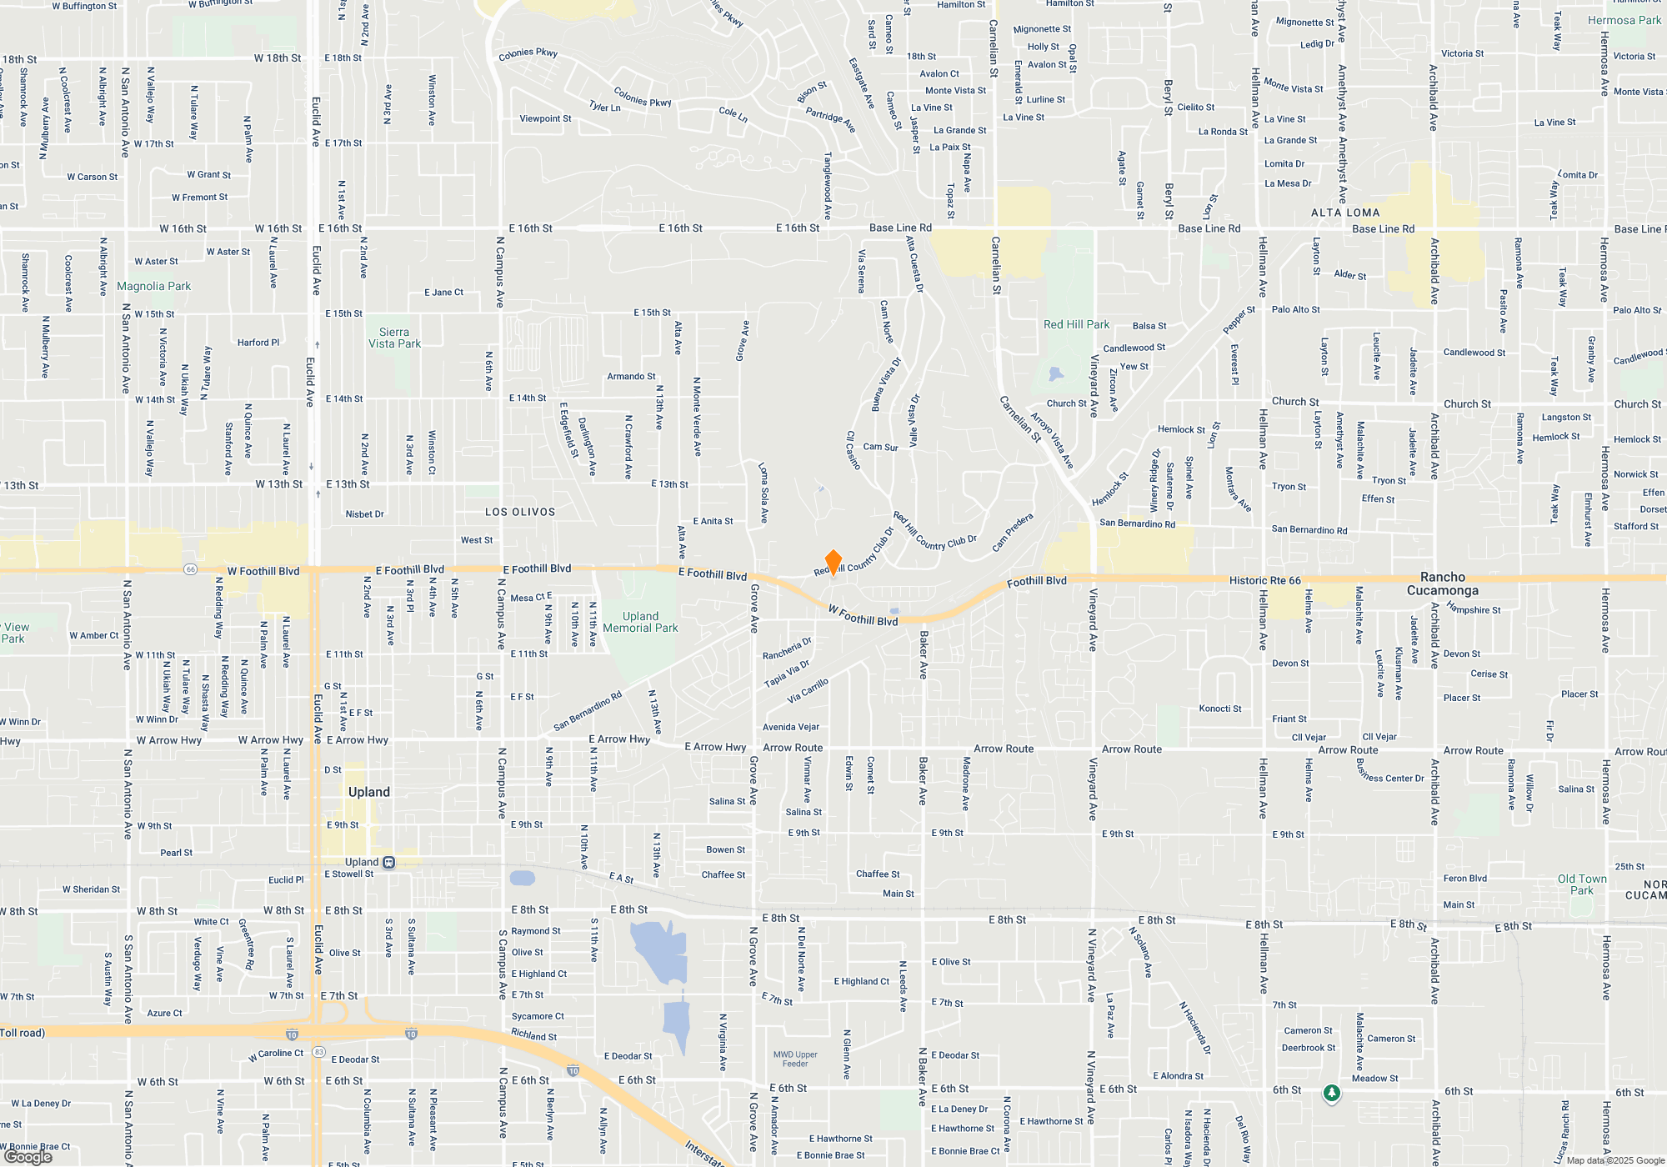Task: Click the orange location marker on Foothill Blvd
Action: (x=833, y=562)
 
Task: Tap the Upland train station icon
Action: (x=388, y=863)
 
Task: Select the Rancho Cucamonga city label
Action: (x=1443, y=583)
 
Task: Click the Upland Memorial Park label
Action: (x=640, y=623)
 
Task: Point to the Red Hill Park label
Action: (x=1076, y=324)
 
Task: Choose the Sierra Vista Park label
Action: (x=394, y=338)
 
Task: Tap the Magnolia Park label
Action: (x=153, y=286)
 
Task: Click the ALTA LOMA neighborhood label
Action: (x=1345, y=213)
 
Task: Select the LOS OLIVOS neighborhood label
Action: (x=520, y=512)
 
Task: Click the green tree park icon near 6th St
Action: (x=1332, y=1093)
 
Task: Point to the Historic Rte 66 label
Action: (x=1264, y=580)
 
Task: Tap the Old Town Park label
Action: (x=1582, y=884)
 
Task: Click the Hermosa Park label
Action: (x=1624, y=20)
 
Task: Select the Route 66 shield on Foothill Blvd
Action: (x=191, y=569)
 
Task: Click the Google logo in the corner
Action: (x=28, y=1157)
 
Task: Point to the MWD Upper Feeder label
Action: (x=795, y=1059)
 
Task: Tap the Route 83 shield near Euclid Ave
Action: (x=318, y=1052)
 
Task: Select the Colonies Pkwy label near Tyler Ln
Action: (x=642, y=98)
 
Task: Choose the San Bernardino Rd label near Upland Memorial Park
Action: (x=588, y=711)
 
